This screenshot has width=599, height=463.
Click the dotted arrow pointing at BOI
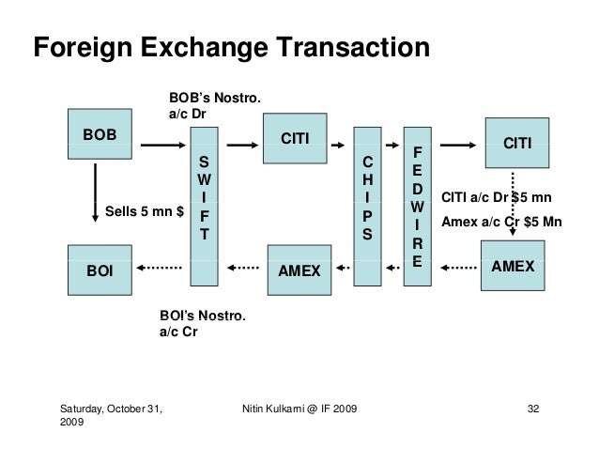(x=162, y=270)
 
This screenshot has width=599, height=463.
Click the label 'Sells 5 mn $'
(x=143, y=210)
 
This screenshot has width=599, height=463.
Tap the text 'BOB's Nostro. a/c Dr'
(x=214, y=106)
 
